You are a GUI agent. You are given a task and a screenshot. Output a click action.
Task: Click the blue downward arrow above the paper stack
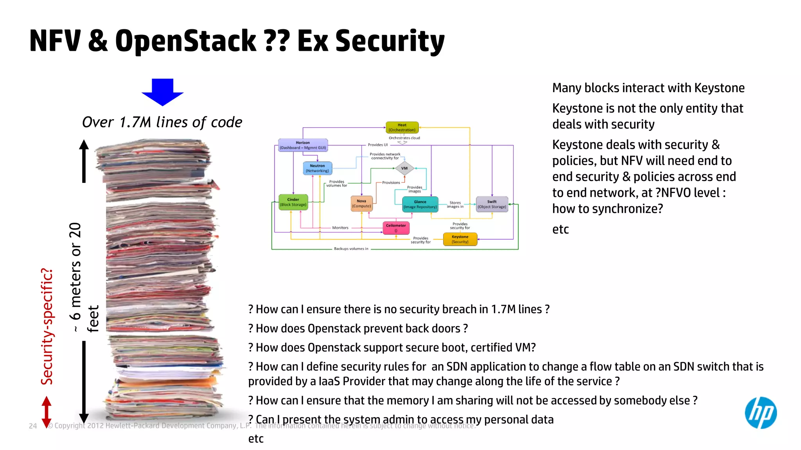(162, 92)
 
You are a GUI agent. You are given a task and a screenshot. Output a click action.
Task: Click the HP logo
(760, 413)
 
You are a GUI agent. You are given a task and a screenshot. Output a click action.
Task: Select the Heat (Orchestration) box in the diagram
(402, 127)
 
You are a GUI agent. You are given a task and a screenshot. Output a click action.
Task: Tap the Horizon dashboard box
(303, 145)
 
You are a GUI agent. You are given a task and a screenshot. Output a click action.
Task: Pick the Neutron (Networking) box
(317, 168)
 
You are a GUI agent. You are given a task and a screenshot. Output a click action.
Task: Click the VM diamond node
(404, 168)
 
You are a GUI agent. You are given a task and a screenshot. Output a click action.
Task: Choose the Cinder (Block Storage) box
(293, 202)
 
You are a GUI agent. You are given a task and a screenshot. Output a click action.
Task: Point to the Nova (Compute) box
(361, 204)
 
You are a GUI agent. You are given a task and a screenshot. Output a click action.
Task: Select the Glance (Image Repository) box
(420, 204)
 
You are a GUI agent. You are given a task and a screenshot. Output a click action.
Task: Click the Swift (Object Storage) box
(492, 204)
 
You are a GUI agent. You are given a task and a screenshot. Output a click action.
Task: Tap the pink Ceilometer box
(396, 228)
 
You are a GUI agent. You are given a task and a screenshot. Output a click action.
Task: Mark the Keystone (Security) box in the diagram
(460, 239)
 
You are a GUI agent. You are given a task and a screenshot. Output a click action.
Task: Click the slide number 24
(33, 426)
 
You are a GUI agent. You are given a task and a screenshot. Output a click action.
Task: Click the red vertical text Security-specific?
(47, 326)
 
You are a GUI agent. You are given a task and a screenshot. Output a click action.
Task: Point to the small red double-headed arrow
(47, 412)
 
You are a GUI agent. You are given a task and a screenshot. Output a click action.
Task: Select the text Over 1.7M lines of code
(162, 122)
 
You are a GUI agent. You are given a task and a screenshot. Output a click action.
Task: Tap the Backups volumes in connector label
(351, 249)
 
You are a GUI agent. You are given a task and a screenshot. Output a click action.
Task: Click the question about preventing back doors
(358, 329)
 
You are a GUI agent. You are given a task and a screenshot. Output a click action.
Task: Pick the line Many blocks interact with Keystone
(648, 88)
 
